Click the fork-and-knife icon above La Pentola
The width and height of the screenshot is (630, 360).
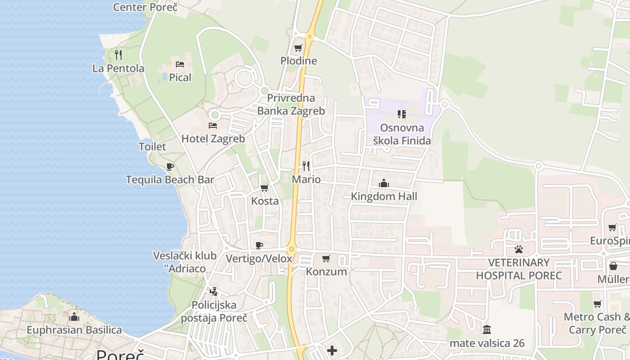click(118, 55)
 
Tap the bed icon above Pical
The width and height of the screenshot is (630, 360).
click(180, 64)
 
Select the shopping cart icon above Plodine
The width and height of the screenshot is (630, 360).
click(298, 48)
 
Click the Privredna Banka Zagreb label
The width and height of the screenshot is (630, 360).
click(291, 104)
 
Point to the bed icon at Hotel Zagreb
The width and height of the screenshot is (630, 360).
click(213, 125)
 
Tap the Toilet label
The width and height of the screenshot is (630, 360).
click(152, 147)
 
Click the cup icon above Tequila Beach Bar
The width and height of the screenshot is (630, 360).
click(170, 166)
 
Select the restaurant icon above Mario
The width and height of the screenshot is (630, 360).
click(306, 166)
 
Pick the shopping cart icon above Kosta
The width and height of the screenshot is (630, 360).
click(265, 188)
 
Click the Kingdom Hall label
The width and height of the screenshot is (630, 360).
click(384, 197)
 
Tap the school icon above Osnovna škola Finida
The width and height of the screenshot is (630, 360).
click(402, 114)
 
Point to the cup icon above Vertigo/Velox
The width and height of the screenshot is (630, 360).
click(259, 245)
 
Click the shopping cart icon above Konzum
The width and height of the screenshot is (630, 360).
click(326, 258)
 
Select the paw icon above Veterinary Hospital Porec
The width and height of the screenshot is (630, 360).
click(519, 249)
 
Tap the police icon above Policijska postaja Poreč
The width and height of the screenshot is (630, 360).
click(214, 292)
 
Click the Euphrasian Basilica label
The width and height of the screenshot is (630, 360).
click(74, 330)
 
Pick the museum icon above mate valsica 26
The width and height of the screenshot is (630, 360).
click(487, 329)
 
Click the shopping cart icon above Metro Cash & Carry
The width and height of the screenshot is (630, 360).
click(597, 304)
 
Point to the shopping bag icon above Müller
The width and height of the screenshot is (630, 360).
click(613, 266)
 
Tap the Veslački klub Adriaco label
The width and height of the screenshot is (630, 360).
click(185, 262)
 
